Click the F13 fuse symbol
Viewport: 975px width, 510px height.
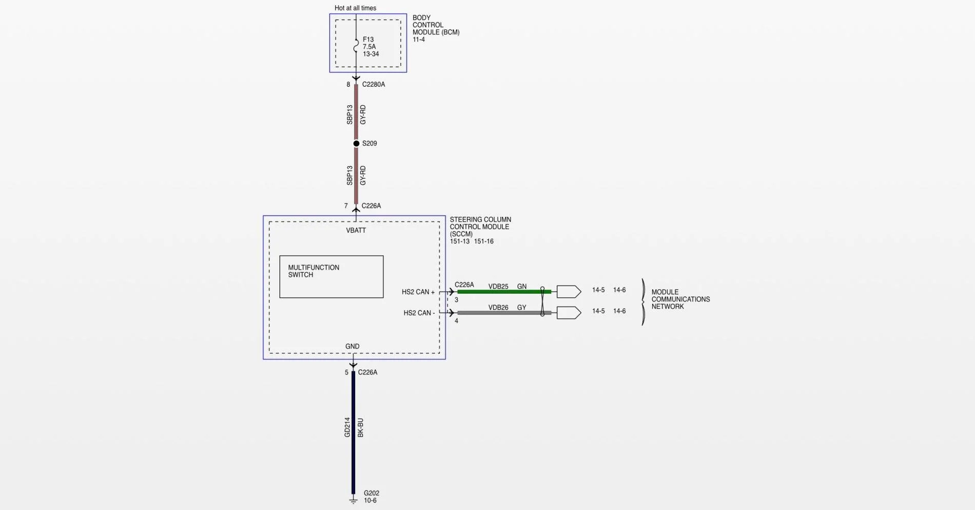click(x=356, y=46)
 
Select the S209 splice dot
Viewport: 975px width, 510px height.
click(x=356, y=143)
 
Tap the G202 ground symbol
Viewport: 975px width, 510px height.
click(x=353, y=500)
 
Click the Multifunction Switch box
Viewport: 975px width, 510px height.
click(x=331, y=277)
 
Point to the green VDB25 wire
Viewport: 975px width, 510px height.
click(x=504, y=292)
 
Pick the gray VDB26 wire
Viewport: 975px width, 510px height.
click(x=504, y=313)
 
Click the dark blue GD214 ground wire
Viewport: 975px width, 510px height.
click(x=353, y=432)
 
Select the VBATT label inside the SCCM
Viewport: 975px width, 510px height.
click(x=356, y=231)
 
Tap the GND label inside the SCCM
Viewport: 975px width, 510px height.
click(x=353, y=347)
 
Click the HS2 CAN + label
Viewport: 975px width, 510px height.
click(x=418, y=292)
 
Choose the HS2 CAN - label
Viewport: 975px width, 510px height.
click(x=419, y=313)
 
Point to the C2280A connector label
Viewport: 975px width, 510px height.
click(x=374, y=84)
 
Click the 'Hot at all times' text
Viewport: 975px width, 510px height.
click(x=355, y=8)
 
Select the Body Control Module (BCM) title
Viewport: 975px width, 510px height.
click(x=436, y=25)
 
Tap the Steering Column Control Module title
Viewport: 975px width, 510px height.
click(x=480, y=226)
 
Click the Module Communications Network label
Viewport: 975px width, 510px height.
click(x=680, y=299)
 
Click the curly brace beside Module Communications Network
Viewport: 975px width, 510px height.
click(x=643, y=302)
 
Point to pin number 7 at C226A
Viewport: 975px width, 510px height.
click(x=346, y=206)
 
